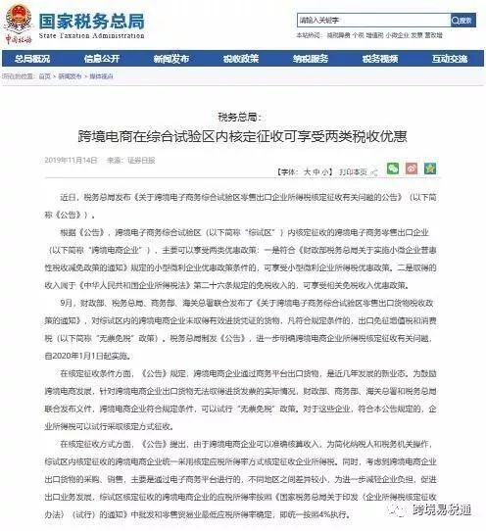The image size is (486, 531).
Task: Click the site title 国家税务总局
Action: point(87,15)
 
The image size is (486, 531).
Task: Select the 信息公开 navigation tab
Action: point(102,59)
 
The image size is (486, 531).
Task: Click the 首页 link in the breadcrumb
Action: point(44,75)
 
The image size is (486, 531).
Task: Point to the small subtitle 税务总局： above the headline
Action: point(242,115)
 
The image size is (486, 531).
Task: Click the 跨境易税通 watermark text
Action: point(443,509)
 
